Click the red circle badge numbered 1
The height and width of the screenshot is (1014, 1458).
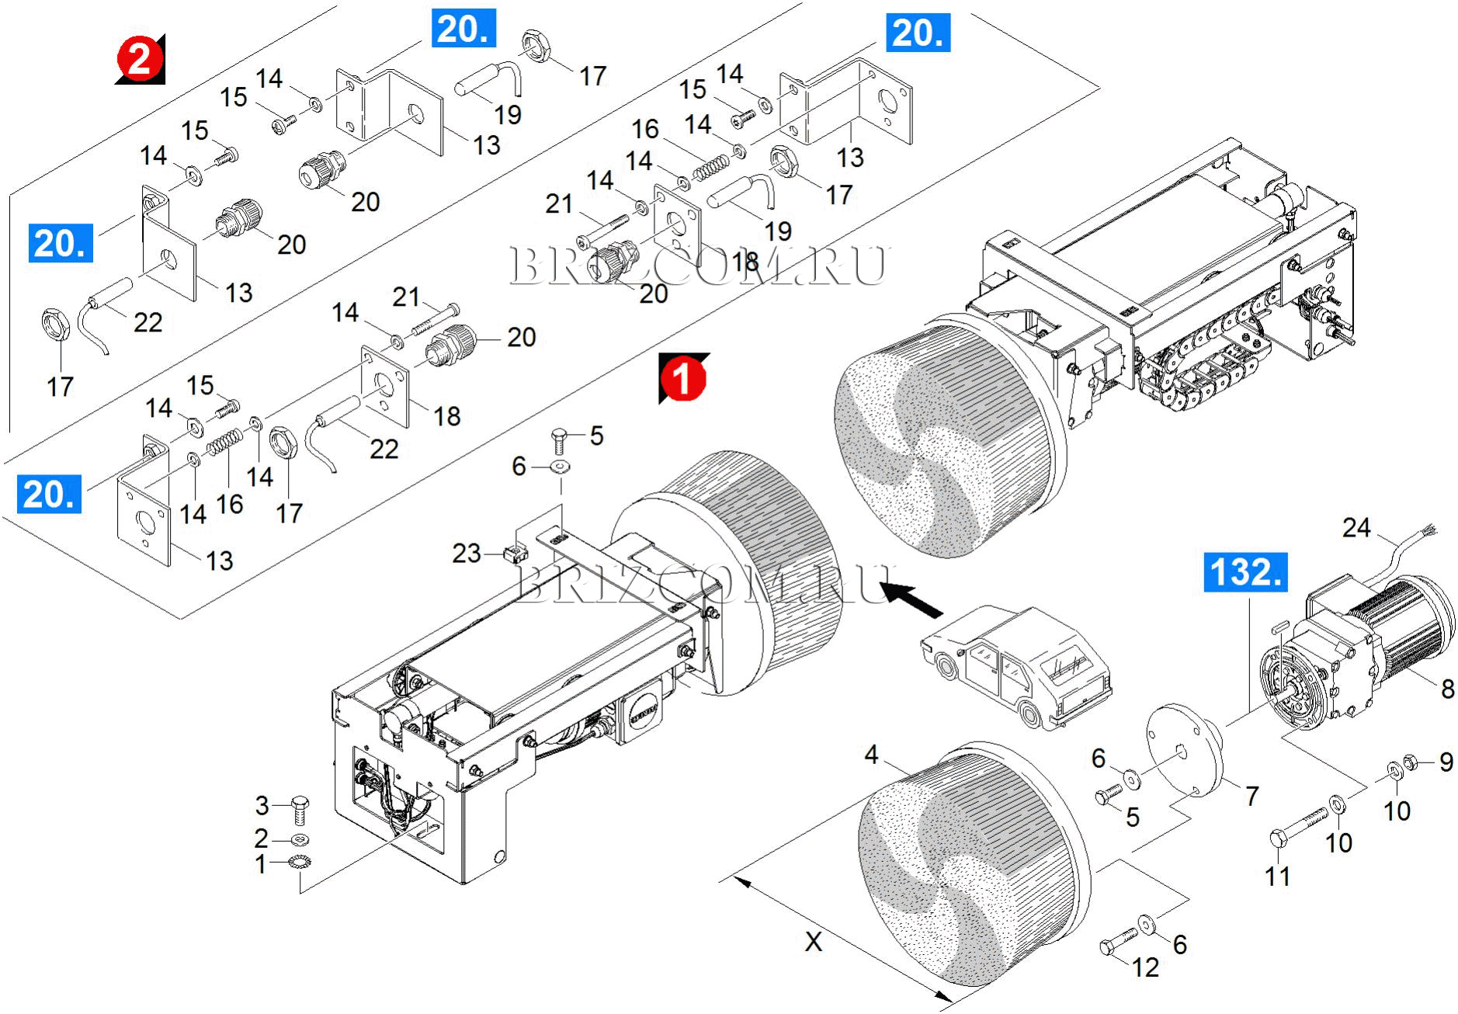click(x=682, y=380)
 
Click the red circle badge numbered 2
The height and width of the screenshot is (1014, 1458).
click(x=140, y=59)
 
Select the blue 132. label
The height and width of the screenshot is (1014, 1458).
click(x=1245, y=572)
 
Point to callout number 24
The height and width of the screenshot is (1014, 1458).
click(x=1356, y=528)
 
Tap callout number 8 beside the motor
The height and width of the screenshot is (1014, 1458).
click(x=1447, y=688)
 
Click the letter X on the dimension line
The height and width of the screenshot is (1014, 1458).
click(x=813, y=942)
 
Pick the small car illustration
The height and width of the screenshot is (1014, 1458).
click(x=1016, y=666)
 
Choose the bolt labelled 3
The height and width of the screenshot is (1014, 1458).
click(x=300, y=810)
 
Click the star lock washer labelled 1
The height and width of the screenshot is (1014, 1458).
click(x=298, y=862)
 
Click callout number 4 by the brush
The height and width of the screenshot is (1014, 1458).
click(x=871, y=755)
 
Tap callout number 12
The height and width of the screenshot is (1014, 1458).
click(x=1145, y=967)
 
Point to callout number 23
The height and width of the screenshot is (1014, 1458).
click(x=467, y=554)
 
